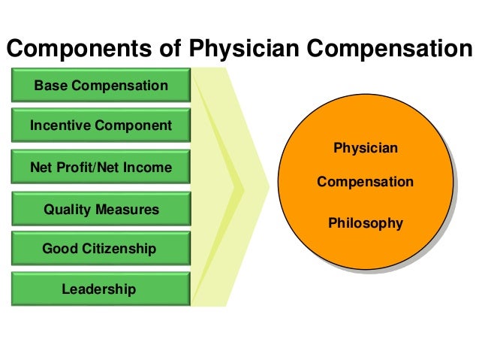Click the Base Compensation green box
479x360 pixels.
[x=101, y=85]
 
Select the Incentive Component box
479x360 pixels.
[x=101, y=126]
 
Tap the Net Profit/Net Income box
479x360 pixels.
[x=101, y=167]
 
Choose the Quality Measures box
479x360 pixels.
[x=101, y=209]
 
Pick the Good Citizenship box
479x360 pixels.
[x=101, y=248]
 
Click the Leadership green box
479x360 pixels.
[x=101, y=289]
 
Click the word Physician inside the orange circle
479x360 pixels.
[x=365, y=148]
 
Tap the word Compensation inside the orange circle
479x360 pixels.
[x=365, y=182]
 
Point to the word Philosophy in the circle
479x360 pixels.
[x=365, y=223]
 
